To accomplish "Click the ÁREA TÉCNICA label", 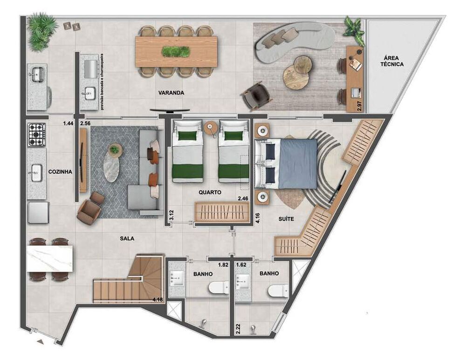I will [391, 61].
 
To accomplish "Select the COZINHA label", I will [60, 172].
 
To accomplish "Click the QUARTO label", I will [209, 192].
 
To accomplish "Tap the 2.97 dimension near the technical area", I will [359, 105].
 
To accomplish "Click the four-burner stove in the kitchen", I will [37, 135].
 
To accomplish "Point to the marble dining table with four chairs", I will [50, 259].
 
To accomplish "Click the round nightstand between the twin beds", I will [211, 127].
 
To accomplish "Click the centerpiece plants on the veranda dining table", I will [176, 51].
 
